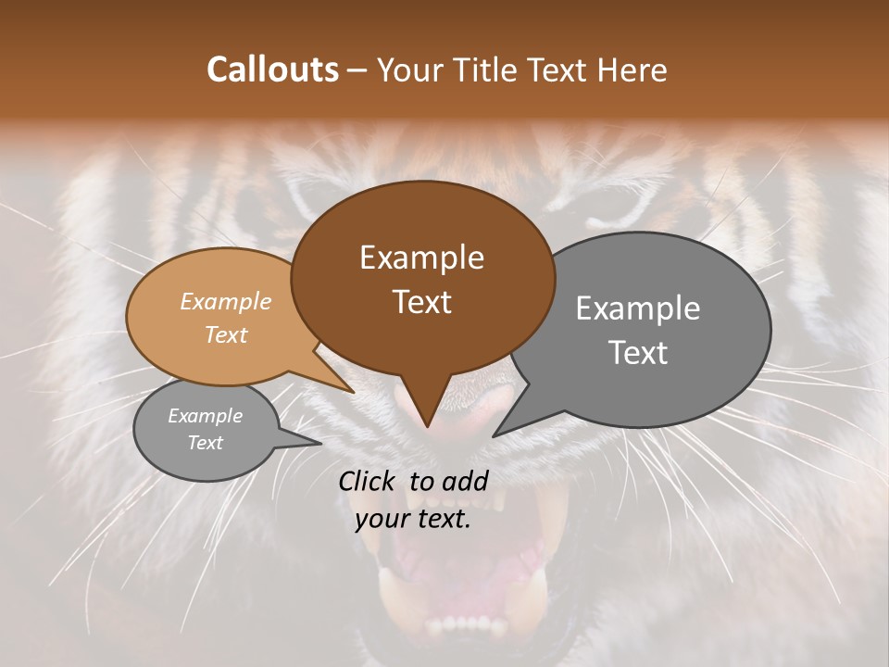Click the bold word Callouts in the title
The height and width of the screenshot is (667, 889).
point(272,69)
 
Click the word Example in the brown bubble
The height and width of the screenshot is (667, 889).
point(421,258)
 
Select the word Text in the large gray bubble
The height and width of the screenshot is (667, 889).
point(638,353)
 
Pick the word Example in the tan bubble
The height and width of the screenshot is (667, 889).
point(225,301)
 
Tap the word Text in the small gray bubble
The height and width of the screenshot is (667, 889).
point(205,443)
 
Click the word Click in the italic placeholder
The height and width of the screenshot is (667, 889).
point(369,481)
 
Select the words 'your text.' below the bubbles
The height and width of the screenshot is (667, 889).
point(413,520)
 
